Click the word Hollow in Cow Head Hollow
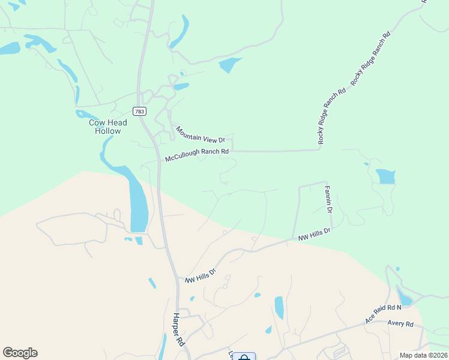108,131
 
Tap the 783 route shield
139,111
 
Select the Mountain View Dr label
200,134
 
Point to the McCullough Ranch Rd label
197,155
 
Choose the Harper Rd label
178,330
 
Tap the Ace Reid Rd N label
383,314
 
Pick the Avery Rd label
400,324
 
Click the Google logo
20,353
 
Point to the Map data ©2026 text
424,355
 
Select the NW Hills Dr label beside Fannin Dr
315,235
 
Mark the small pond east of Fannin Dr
385,176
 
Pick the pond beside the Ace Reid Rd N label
405,298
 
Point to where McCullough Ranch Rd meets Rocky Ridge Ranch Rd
319,149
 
